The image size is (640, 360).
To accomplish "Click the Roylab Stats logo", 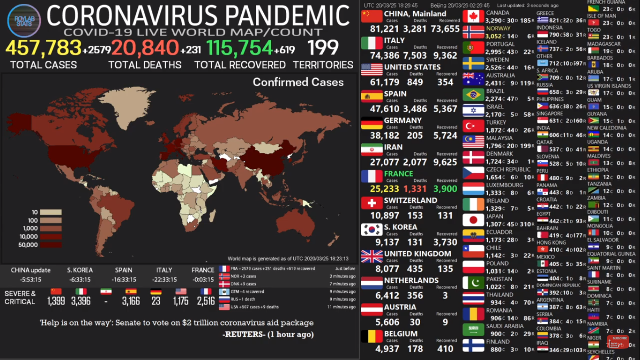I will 24,20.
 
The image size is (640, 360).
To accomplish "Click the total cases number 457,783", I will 44,48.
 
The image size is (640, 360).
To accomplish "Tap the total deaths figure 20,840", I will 145,48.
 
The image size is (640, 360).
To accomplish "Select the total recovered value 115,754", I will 239,48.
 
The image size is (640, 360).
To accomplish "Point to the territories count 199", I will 323,48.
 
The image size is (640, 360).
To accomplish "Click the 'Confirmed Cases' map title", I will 298,82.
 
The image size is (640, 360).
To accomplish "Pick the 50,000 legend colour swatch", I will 51,245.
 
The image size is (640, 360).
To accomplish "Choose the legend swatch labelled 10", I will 51,212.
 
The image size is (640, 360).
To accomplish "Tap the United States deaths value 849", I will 415,82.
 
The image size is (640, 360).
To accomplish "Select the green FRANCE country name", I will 398,174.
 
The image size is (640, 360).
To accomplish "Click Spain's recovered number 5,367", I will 445,109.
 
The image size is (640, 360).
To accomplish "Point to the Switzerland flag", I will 372,203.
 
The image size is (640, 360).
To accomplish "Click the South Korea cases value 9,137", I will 387,242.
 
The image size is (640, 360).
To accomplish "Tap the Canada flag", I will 473,16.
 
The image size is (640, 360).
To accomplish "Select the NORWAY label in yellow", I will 498,29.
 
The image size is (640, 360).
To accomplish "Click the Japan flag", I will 473,220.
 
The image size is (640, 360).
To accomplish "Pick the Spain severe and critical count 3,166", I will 131,301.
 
